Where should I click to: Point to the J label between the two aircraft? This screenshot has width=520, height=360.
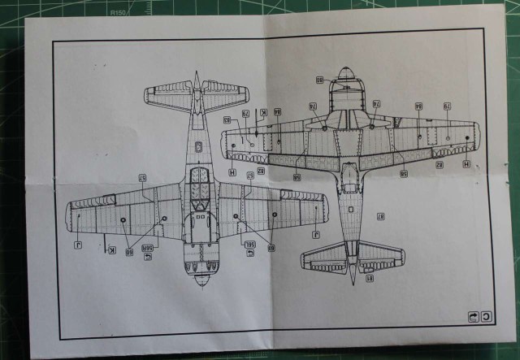(x=314, y=236)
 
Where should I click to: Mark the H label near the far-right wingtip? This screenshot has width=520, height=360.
(x=466, y=163)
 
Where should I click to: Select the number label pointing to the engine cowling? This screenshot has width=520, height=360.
(x=319, y=80)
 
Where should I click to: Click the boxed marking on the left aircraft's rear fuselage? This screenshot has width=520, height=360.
(x=198, y=146)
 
